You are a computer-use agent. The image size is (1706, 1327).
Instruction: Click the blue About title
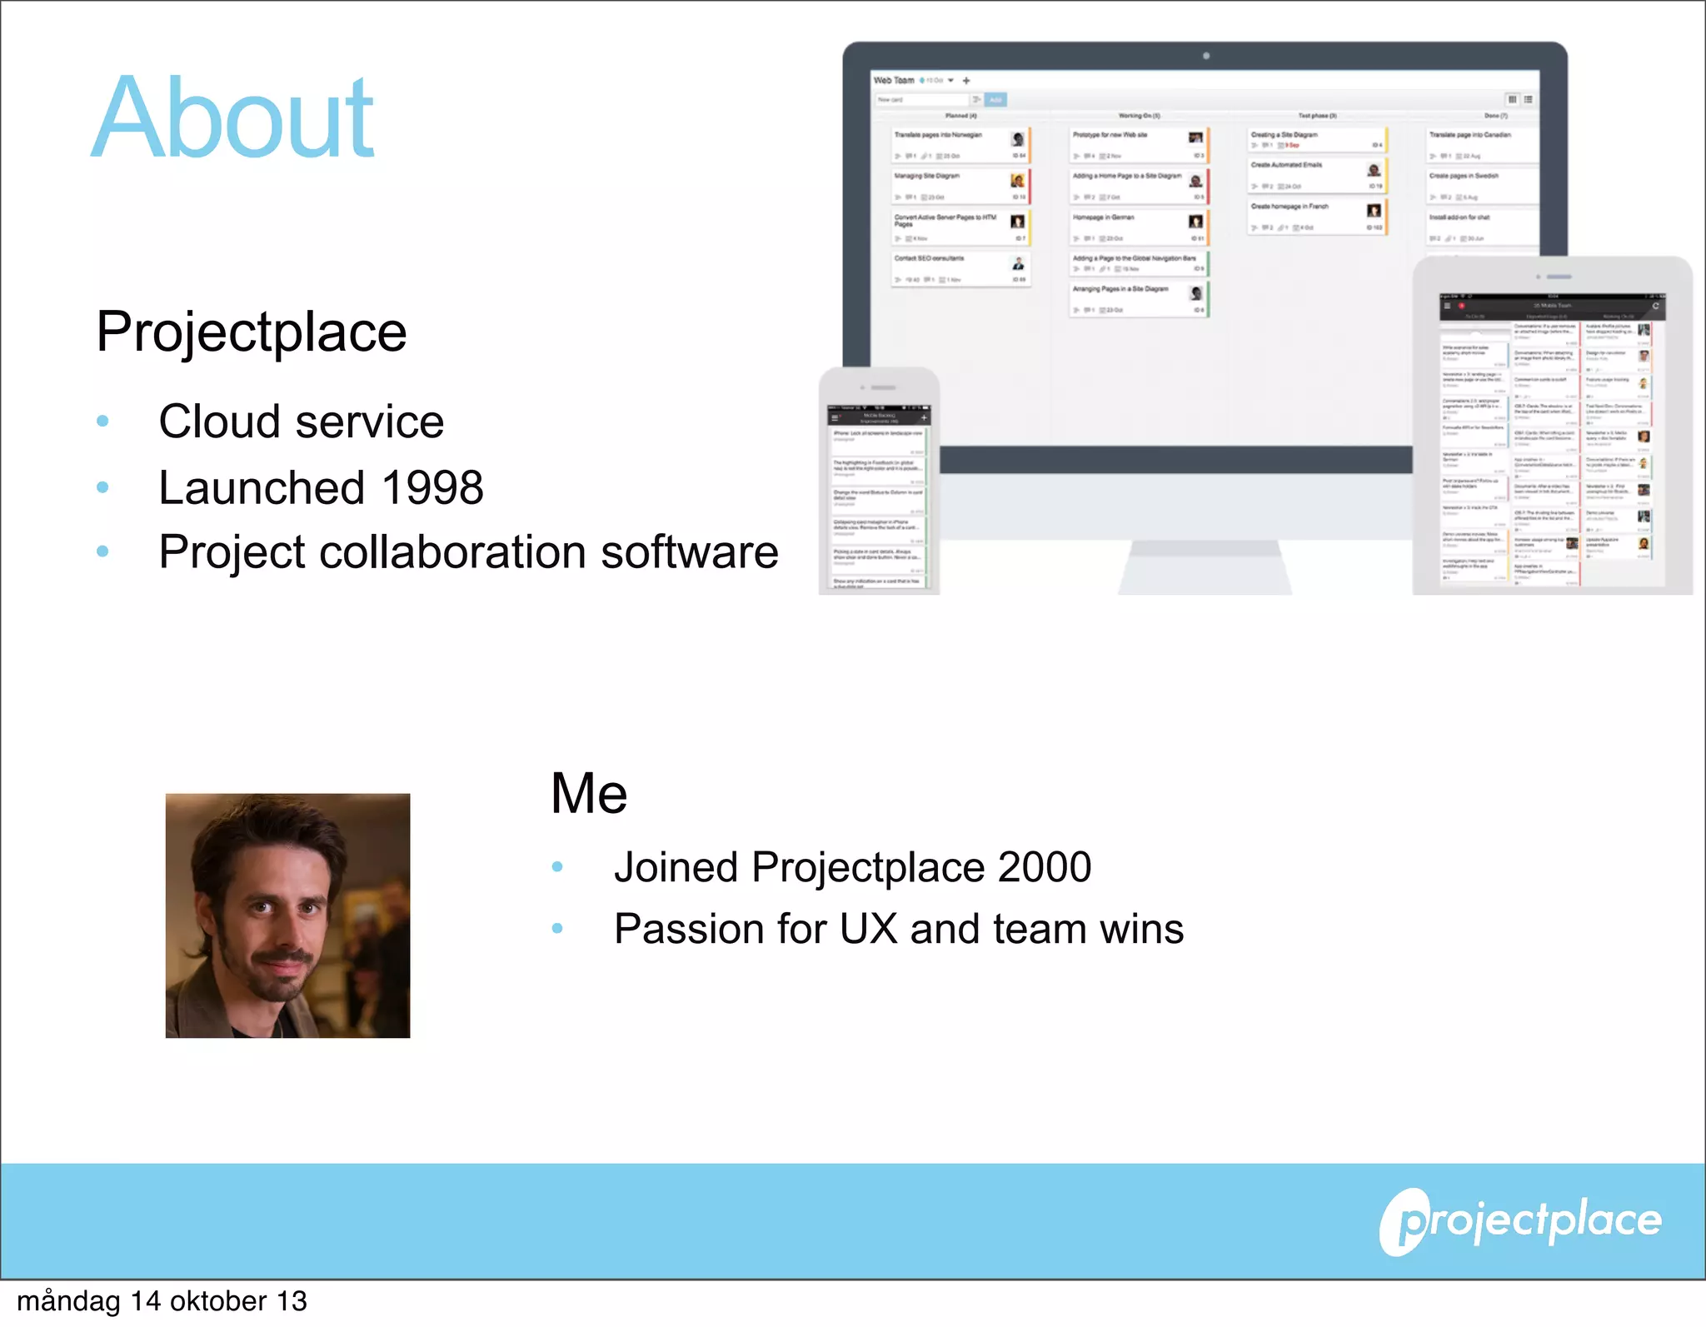[233, 118]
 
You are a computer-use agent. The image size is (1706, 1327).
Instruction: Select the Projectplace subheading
[251, 332]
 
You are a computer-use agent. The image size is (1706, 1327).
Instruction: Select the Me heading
[588, 793]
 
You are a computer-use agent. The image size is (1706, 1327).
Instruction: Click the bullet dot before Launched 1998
[102, 487]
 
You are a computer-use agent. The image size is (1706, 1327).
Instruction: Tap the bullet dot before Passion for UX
[557, 928]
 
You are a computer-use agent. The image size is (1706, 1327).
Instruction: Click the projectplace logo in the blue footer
[1520, 1221]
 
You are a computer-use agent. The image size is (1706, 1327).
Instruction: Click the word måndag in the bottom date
[68, 1301]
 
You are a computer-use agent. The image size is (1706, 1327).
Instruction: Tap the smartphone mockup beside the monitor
[879, 483]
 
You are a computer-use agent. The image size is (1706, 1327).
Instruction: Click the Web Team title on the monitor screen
[894, 81]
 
